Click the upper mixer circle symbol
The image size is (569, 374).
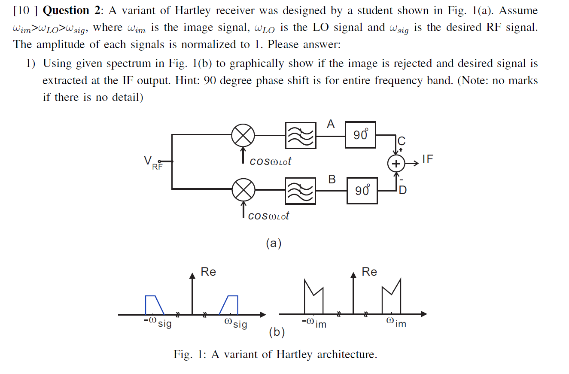point(243,135)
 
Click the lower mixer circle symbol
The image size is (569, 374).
point(243,189)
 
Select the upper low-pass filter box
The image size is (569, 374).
point(300,135)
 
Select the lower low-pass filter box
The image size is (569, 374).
point(300,191)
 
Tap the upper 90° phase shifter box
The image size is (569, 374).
point(360,135)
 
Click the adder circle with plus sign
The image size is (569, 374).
point(396,164)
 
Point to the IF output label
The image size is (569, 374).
point(428,160)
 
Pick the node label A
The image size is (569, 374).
point(330,125)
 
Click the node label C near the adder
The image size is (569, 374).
point(402,141)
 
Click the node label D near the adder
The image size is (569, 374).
point(402,190)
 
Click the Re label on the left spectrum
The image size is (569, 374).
point(208,272)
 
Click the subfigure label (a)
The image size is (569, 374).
point(274,243)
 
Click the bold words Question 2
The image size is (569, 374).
point(70,10)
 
